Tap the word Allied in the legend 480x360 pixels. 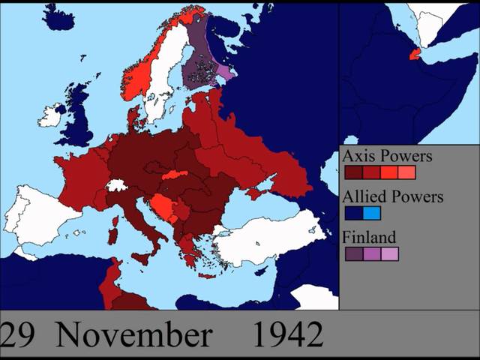coord(364,197)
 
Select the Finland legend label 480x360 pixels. coord(369,238)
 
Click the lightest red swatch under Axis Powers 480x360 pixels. coord(406,172)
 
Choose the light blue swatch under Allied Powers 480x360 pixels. coord(372,213)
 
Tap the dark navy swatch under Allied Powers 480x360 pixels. coord(354,213)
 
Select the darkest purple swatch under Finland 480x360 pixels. coord(354,253)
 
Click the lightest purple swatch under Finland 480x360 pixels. coord(389,253)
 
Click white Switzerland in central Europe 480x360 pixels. coord(116,185)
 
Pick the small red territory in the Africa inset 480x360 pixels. coord(414,55)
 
